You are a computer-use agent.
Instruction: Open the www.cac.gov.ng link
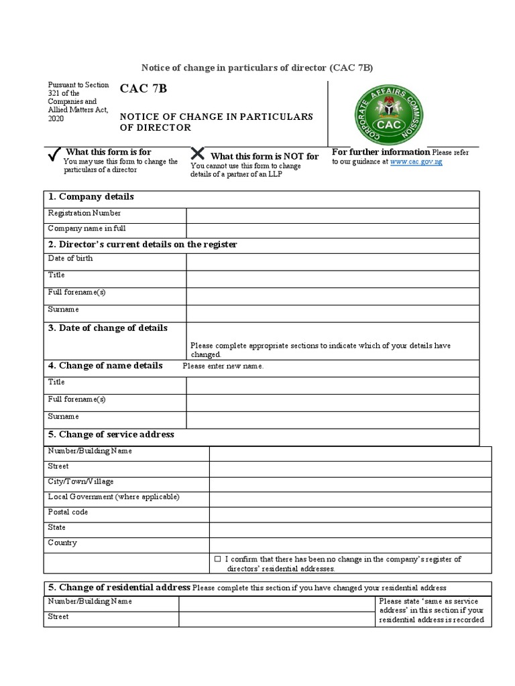416,161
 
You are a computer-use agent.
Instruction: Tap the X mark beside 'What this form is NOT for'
198,154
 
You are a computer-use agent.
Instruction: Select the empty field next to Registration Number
333,215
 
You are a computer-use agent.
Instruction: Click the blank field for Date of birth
333,261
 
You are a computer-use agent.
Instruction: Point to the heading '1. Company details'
90,197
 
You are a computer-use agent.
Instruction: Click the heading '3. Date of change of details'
107,328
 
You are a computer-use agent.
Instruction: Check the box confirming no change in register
217,559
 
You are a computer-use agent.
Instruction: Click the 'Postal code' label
68,512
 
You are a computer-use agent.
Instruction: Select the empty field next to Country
350,545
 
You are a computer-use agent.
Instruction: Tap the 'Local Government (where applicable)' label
114,496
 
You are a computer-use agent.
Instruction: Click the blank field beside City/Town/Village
350,483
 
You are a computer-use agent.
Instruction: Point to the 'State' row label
57,527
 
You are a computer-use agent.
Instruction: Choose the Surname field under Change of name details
333,420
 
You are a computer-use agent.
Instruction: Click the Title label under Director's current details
56,275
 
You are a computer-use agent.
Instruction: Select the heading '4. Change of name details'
105,366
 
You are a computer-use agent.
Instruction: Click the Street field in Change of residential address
276,619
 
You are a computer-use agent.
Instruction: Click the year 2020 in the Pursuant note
55,118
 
